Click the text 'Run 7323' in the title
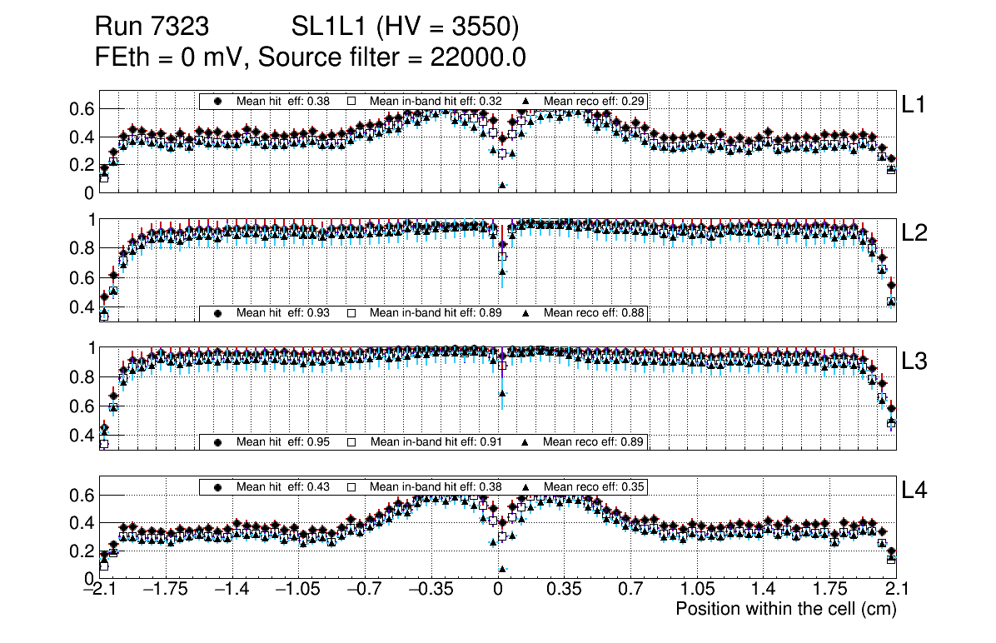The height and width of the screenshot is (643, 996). click(151, 27)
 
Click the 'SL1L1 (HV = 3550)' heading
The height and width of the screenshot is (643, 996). click(406, 27)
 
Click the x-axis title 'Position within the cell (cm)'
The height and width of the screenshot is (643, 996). click(785, 609)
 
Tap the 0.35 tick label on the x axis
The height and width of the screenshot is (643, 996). click(564, 590)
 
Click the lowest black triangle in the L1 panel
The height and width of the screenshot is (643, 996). click(502, 185)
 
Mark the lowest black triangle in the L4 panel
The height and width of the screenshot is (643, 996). click(502, 569)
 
